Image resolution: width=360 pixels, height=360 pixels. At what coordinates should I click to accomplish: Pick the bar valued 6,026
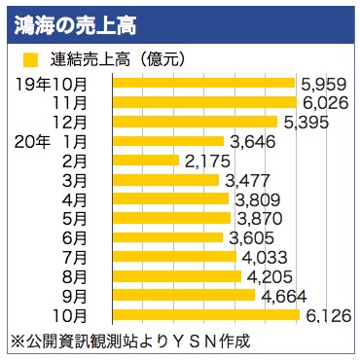click(204, 102)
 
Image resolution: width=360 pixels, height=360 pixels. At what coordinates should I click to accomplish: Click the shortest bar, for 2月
click(146, 161)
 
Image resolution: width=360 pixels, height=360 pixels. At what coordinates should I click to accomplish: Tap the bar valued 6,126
click(206, 315)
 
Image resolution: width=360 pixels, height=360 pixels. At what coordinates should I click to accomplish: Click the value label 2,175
click(205, 161)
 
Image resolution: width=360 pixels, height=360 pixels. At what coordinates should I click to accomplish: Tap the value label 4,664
click(281, 295)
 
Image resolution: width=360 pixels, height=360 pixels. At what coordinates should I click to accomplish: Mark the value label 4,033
click(263, 257)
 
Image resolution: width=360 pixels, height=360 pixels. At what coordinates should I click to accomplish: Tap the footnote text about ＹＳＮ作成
click(130, 342)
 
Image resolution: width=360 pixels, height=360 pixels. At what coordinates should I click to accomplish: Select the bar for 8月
click(177, 276)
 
